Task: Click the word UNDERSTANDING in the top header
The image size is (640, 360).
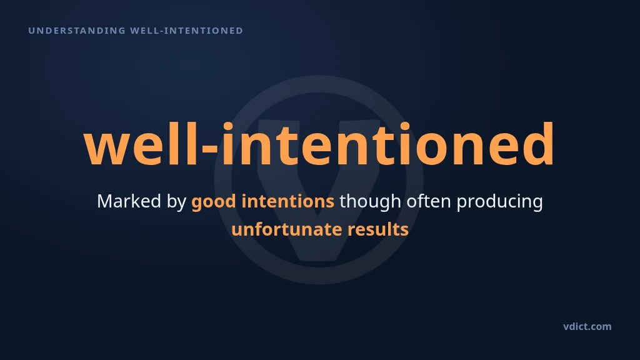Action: point(77,31)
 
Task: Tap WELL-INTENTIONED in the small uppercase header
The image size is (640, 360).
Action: point(186,31)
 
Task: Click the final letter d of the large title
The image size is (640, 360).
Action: point(537,143)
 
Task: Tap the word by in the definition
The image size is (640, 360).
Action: point(177,202)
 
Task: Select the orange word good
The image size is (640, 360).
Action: point(214,202)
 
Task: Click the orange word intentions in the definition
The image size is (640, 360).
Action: point(287,201)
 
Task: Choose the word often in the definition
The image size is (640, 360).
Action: point(429,201)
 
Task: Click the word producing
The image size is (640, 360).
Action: point(499,202)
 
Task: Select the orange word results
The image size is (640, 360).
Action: point(378,229)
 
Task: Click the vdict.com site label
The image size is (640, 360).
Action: point(587,326)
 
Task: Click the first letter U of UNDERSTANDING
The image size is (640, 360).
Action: point(31,31)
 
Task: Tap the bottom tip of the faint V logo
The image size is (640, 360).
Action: point(319,259)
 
